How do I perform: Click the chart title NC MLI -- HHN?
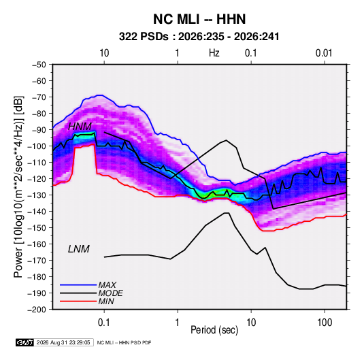point(199,19)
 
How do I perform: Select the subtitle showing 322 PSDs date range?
point(199,37)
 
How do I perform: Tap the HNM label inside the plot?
point(80,127)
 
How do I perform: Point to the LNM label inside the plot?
point(79,249)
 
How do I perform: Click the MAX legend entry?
point(107,284)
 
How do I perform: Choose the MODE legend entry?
point(110,293)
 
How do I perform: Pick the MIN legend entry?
point(106,301)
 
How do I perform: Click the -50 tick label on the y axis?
point(39,65)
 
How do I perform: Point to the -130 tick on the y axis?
point(37,195)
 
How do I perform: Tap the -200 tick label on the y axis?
point(37,310)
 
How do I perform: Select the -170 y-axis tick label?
point(37,261)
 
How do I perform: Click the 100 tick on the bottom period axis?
point(325,323)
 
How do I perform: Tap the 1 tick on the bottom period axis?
point(178,323)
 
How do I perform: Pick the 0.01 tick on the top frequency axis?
point(324,53)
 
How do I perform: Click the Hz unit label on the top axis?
point(214,53)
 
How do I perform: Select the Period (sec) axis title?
point(214,330)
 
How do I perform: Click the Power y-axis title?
point(18,187)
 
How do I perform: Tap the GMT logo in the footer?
point(25,342)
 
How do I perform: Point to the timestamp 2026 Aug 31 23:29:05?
point(63,342)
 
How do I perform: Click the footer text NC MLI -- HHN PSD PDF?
point(124,342)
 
